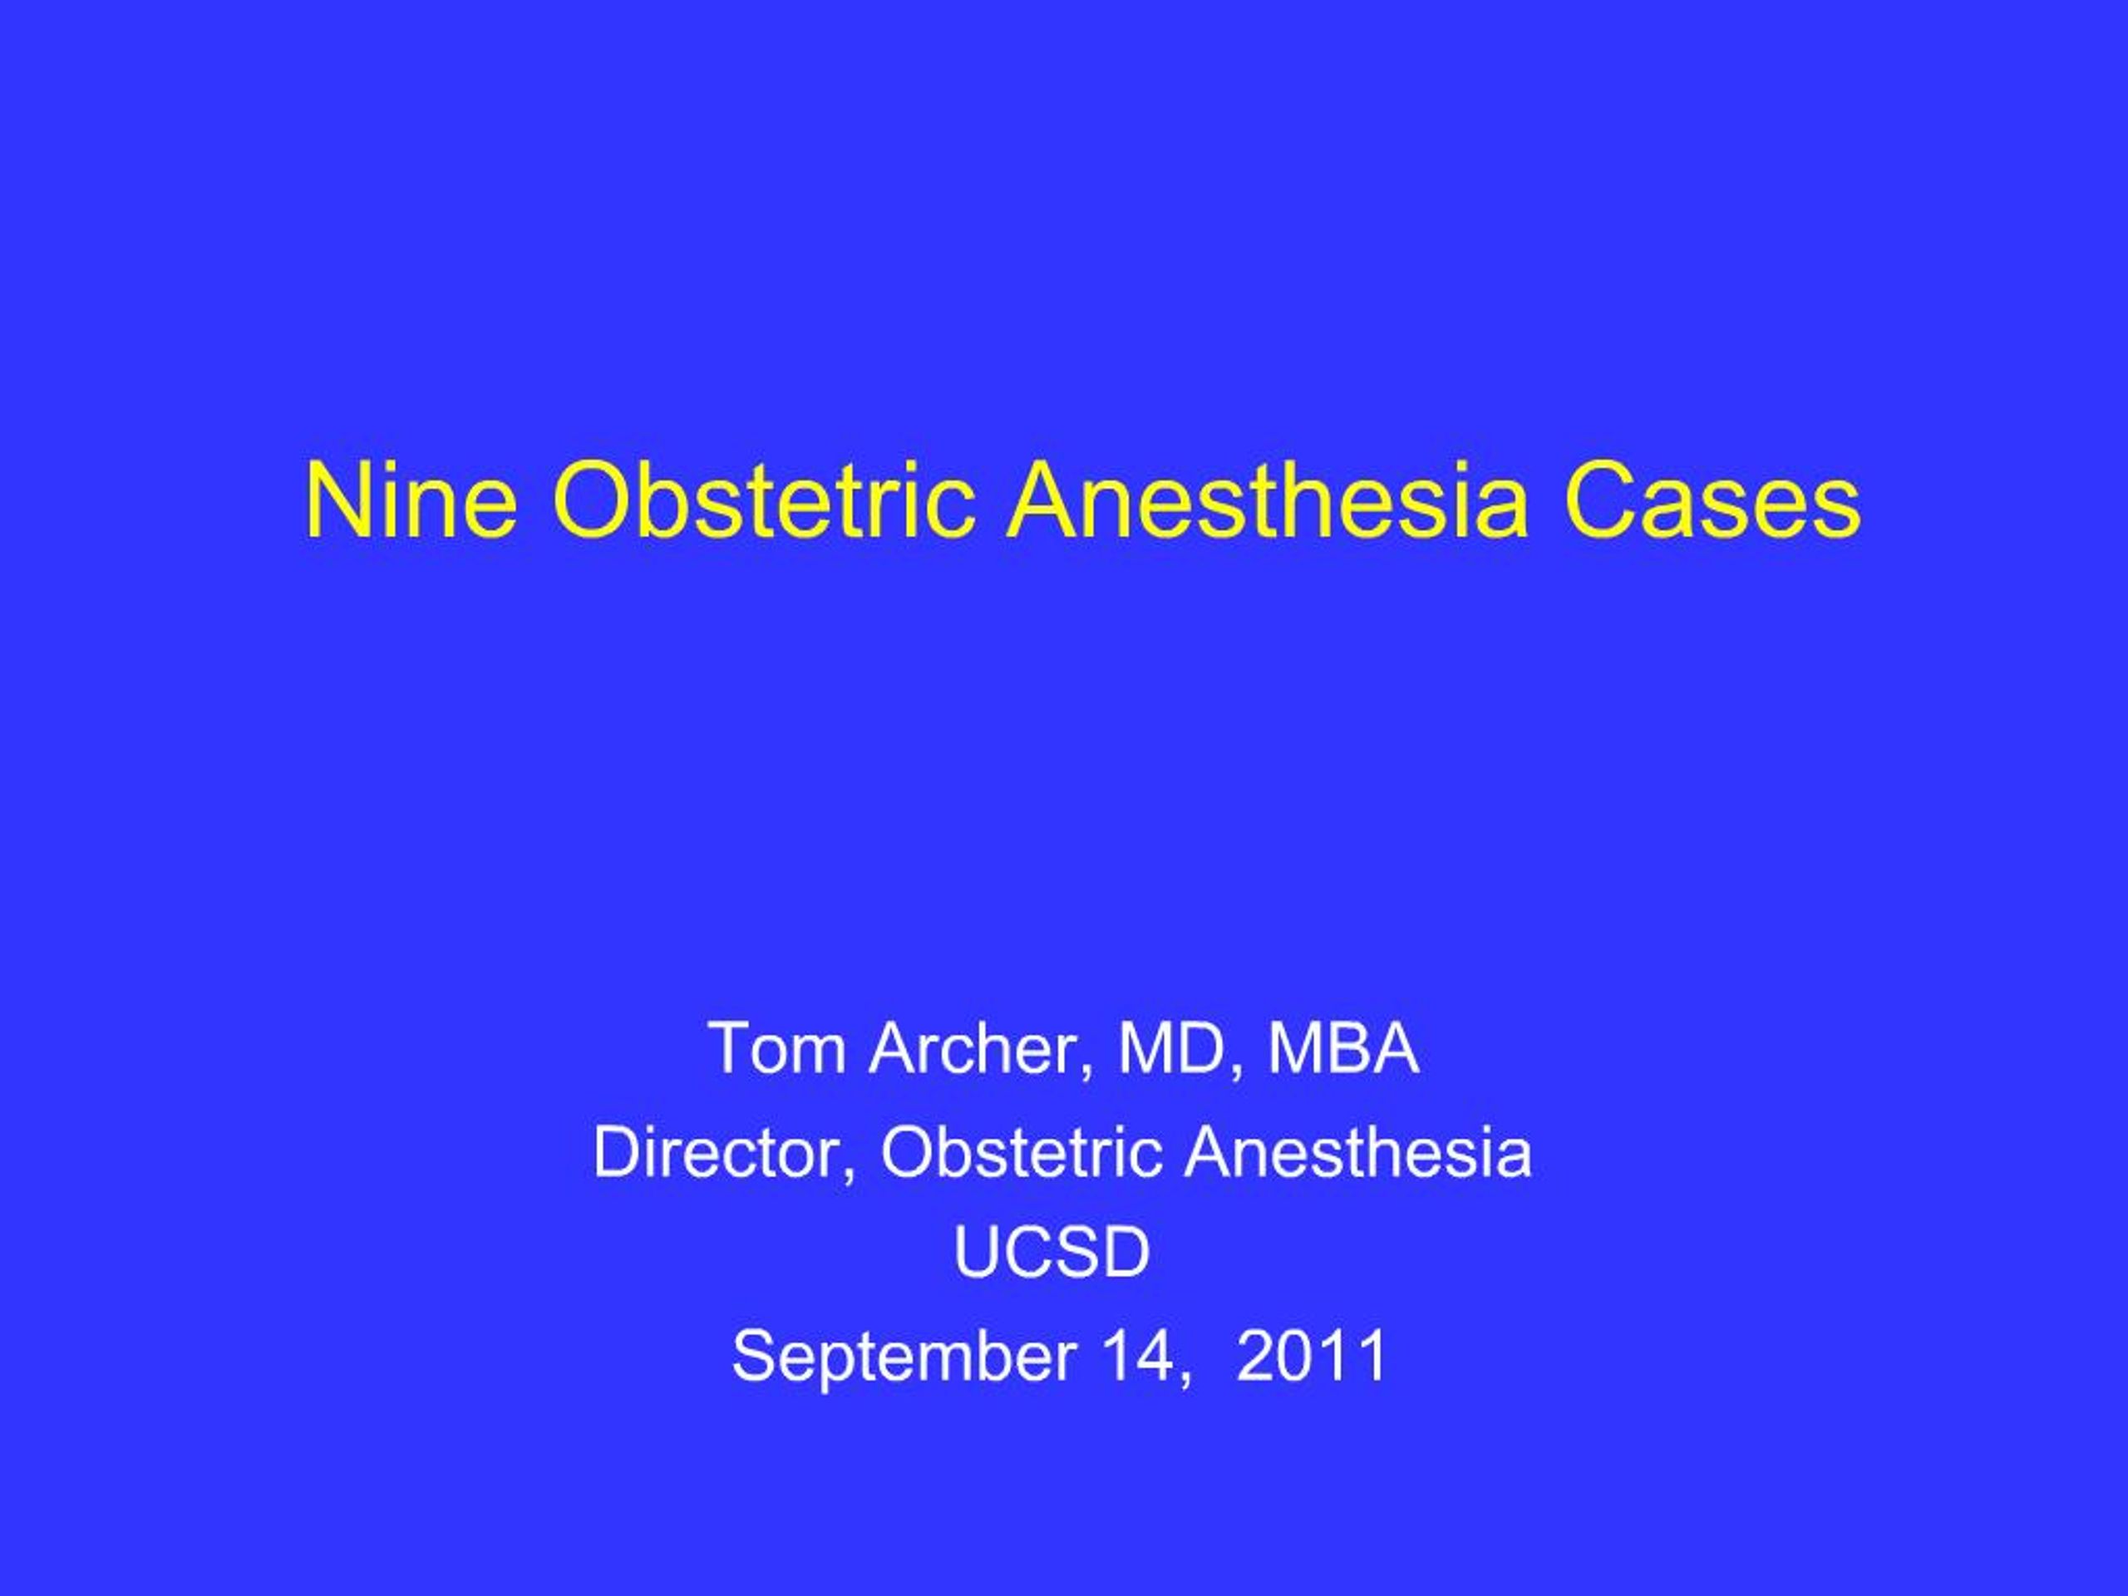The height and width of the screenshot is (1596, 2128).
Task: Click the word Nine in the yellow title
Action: point(411,502)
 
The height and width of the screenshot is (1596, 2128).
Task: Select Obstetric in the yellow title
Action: point(764,502)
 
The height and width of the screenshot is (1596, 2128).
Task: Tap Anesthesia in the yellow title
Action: point(1267,502)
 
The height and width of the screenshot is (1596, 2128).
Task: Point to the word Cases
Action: point(1712,502)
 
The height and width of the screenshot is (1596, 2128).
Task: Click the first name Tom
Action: point(776,1048)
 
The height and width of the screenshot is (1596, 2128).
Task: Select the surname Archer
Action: point(978,1048)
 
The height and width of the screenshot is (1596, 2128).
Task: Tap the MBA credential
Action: point(1343,1048)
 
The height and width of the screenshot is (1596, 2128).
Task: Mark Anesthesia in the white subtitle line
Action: point(1357,1151)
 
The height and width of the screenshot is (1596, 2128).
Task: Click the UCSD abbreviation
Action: point(1052,1253)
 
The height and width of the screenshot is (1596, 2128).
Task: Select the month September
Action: point(904,1356)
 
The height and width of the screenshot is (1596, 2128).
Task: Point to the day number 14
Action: point(1133,1356)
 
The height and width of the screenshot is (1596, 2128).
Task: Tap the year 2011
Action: point(1310,1356)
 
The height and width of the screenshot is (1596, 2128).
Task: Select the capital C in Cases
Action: point(1598,502)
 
